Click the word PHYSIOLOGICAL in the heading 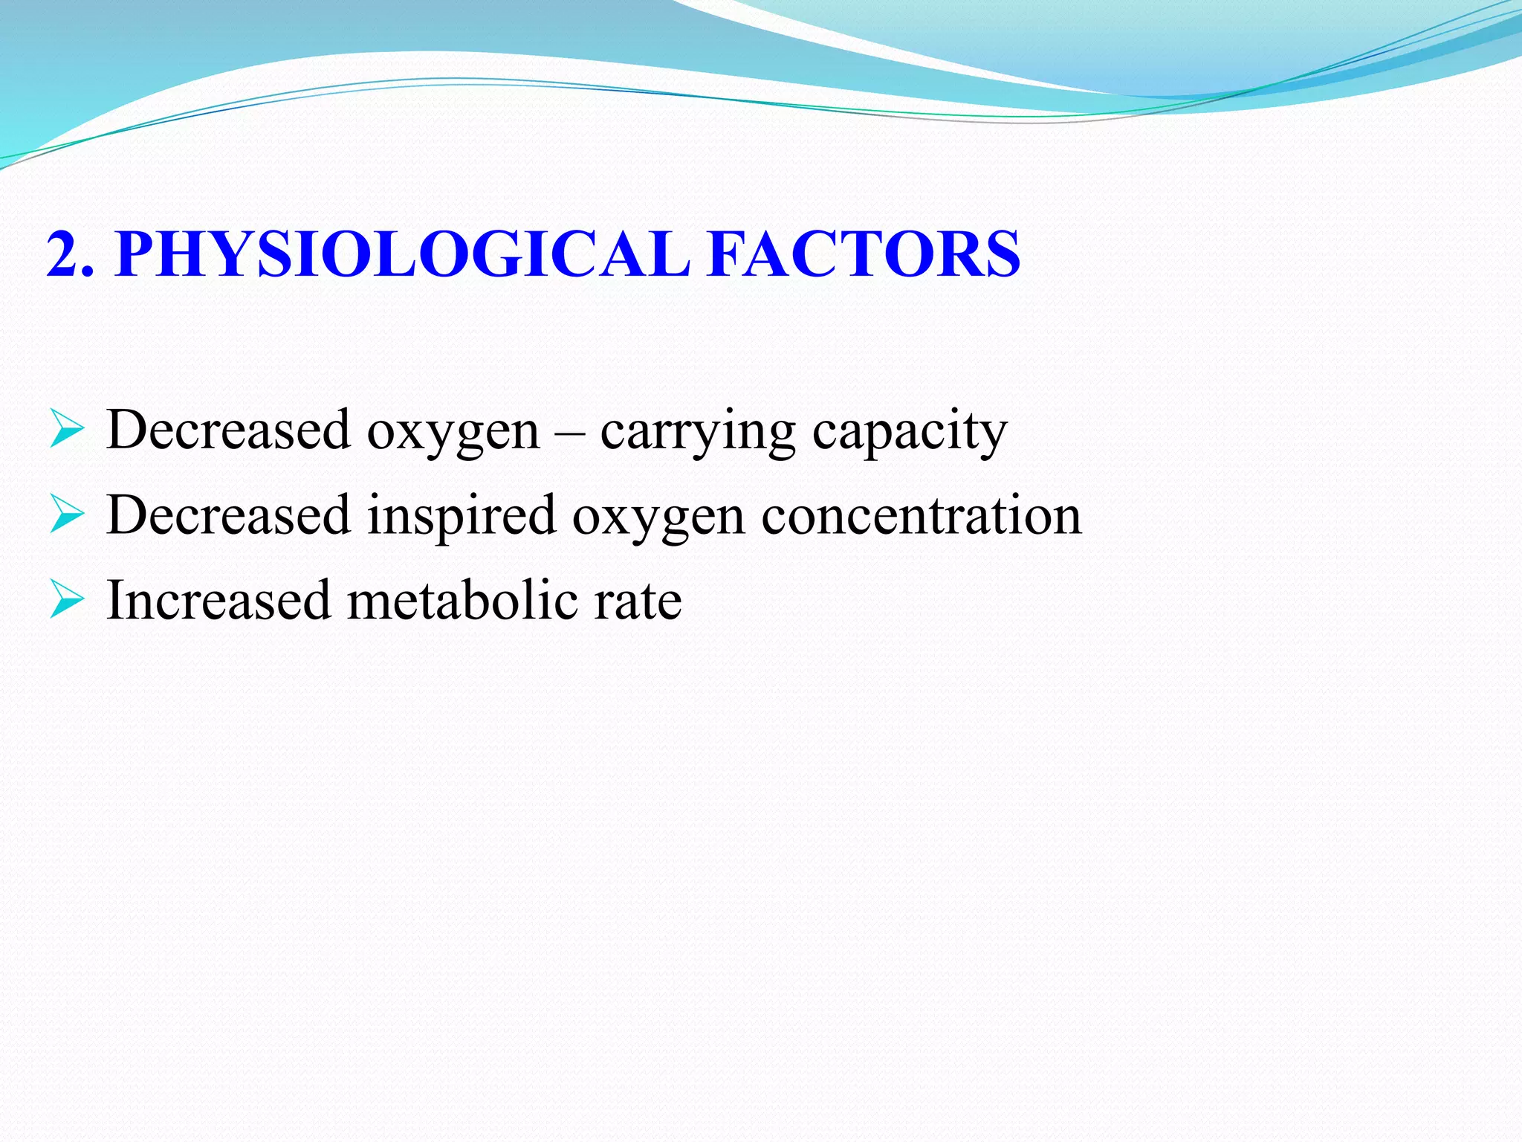(402, 254)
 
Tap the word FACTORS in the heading (864, 254)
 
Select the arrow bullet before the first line (67, 431)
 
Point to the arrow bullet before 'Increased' (67, 601)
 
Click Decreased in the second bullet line (228, 515)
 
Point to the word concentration (922, 516)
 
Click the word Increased (218, 600)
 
